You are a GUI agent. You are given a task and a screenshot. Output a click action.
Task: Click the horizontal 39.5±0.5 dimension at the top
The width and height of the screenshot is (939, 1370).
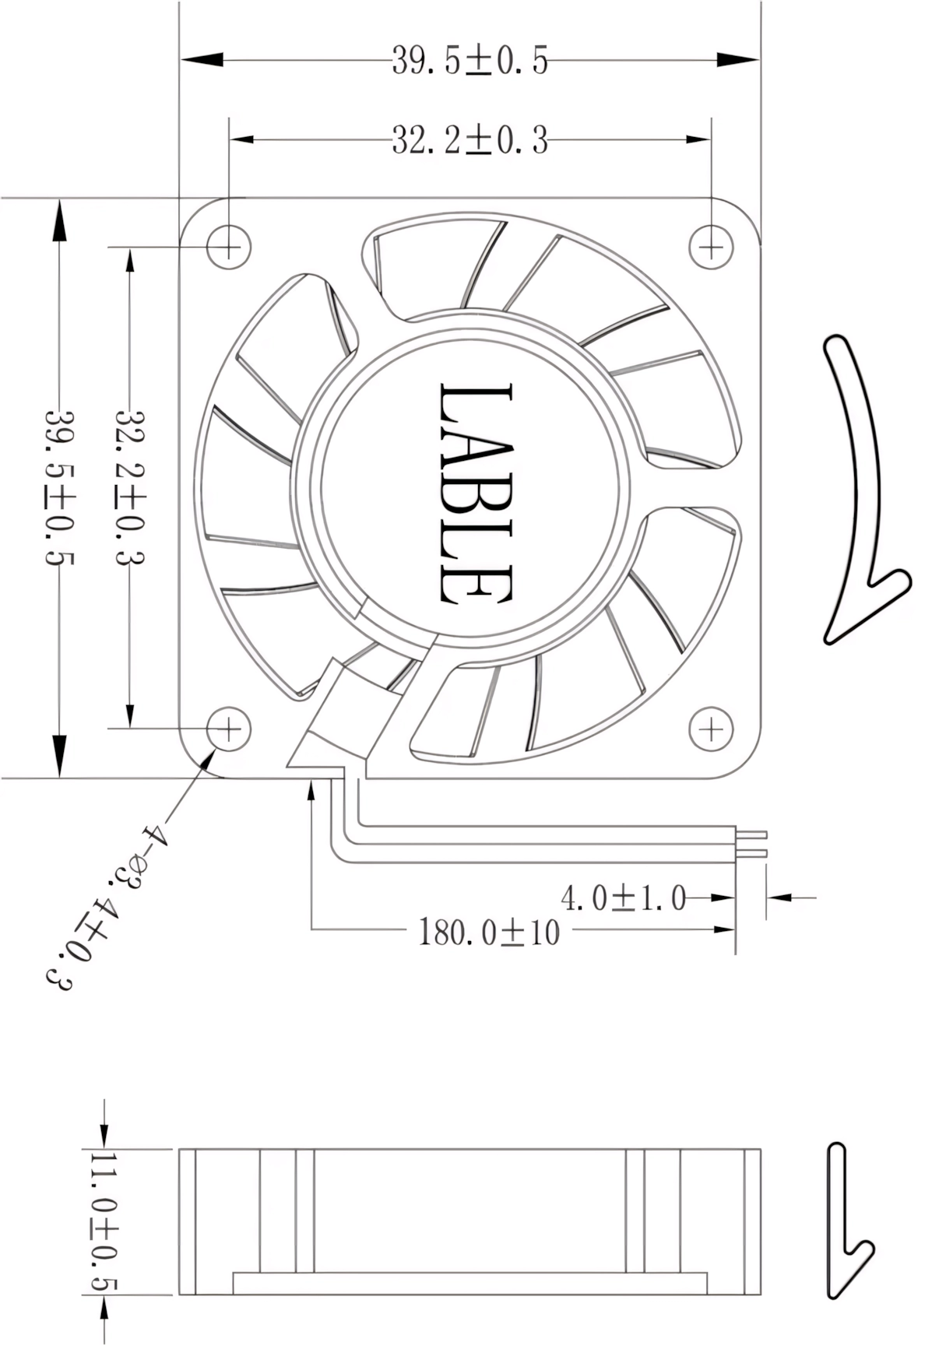coord(469,60)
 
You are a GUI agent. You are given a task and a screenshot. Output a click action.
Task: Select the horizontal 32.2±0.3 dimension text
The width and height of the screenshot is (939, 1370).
coord(469,141)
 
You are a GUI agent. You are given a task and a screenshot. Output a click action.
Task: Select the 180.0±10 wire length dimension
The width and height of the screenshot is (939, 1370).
coord(489,932)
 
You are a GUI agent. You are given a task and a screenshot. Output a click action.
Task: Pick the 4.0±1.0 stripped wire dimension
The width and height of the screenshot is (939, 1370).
coord(623,898)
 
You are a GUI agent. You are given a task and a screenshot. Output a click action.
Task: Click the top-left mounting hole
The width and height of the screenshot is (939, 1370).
coord(229,247)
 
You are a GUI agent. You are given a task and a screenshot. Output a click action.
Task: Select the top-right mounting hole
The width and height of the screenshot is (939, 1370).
coord(711,247)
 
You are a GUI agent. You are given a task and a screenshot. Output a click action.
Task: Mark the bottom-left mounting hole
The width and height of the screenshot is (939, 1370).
coord(229,729)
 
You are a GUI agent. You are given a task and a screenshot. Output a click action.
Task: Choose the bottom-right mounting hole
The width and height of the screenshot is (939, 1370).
coord(711,729)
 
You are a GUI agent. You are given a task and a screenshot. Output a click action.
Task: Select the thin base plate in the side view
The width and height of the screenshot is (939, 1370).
coord(469,1283)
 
